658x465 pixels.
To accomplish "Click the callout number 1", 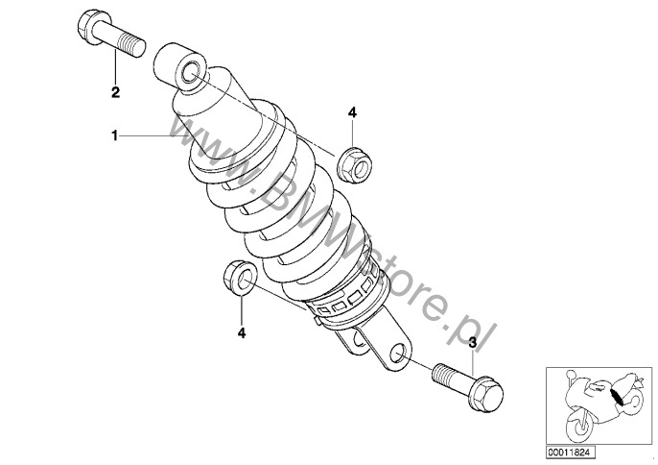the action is coord(114,135).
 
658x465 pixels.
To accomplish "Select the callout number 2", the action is coord(115,92).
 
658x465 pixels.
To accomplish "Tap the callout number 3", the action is coord(473,343).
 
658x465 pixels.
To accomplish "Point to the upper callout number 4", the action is coord(352,112).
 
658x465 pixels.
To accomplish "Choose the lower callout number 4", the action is coord(242,333).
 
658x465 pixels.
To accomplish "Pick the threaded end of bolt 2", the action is coord(132,45).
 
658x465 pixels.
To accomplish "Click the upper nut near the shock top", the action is coord(355,164).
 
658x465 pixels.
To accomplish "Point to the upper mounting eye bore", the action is coord(191,72).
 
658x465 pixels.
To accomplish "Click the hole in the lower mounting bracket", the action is coord(399,354).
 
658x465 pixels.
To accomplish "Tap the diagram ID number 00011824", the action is coord(571,453).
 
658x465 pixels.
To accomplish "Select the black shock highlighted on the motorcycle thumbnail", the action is coord(616,398).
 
